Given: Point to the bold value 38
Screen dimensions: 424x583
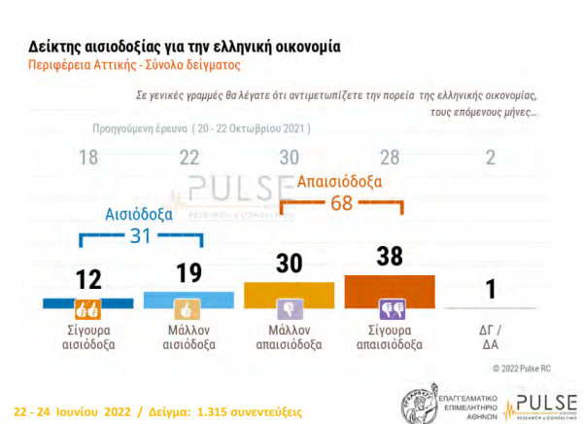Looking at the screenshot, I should pos(390,258).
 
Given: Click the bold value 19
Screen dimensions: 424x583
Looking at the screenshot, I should pos(189,273).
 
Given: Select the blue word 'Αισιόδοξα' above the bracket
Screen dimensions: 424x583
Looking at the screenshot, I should pos(139,212).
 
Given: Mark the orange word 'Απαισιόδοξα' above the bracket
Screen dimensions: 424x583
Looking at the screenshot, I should pos(339,181).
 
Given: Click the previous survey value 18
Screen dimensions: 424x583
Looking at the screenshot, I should pos(88,158).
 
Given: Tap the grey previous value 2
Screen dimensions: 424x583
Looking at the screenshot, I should pos(490,158).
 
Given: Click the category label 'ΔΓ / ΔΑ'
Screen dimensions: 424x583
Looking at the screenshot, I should pos(490,336).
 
